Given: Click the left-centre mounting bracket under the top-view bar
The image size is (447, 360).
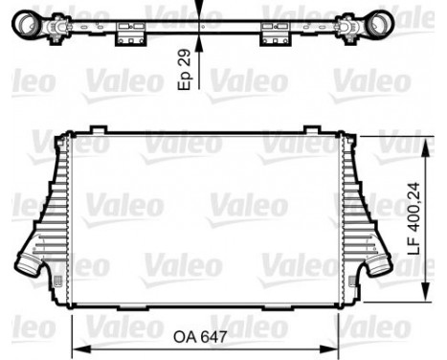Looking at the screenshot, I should coord(129,36).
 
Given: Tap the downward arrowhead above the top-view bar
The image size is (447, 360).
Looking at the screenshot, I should coord(201,12).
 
